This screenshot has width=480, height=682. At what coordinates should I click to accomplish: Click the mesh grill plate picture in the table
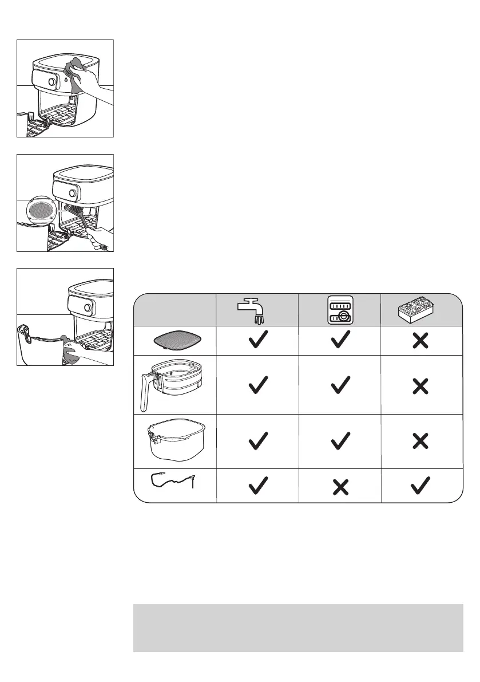point(174,341)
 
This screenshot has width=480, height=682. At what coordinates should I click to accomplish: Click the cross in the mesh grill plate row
point(420,341)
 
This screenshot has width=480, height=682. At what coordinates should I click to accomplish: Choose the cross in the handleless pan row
point(420,441)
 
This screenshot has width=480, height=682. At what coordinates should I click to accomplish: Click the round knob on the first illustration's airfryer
point(52,82)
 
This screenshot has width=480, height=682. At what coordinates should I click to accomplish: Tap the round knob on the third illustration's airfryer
point(88,308)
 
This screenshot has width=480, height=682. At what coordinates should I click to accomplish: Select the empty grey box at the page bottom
point(297,628)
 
